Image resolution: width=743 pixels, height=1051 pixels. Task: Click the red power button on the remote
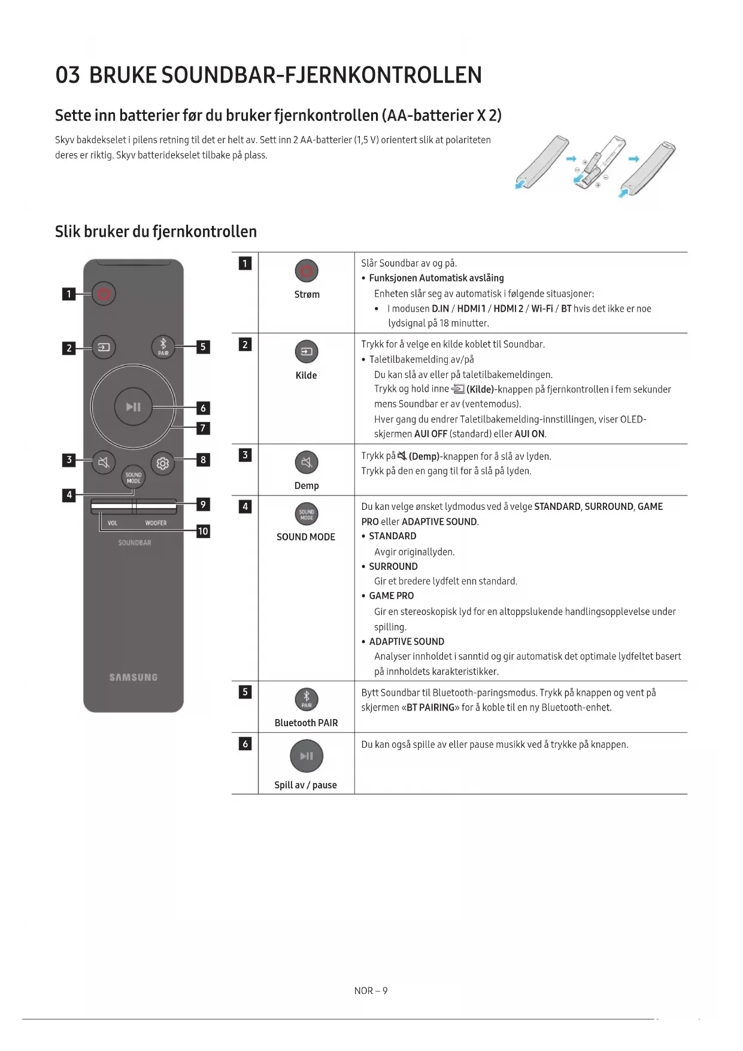point(104,294)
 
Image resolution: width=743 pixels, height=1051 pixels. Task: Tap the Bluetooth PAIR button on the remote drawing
point(163,346)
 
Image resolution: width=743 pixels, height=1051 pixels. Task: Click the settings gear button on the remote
point(162,463)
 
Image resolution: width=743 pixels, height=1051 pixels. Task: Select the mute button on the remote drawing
point(104,463)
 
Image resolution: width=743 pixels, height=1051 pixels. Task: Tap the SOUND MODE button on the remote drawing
point(134,478)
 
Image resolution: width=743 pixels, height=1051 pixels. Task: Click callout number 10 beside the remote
point(203,531)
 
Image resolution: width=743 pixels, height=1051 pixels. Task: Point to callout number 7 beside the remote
point(203,428)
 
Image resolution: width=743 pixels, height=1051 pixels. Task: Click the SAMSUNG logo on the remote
point(133,677)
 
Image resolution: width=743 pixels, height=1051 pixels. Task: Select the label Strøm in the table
point(307,295)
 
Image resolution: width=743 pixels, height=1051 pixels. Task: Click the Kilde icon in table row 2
point(307,352)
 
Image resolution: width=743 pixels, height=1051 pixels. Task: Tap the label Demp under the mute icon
point(307,486)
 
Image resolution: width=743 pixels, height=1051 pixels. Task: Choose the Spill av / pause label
point(305,785)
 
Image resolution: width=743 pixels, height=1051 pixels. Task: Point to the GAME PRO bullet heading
point(391,596)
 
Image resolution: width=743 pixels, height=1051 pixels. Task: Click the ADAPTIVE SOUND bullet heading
point(407,642)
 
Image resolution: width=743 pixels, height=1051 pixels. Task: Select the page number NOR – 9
point(371,991)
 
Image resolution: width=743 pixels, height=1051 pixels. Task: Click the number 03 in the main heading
point(68,75)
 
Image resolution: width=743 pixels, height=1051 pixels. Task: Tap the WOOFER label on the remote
point(156,523)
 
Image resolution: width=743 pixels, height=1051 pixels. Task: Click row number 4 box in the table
point(245,507)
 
